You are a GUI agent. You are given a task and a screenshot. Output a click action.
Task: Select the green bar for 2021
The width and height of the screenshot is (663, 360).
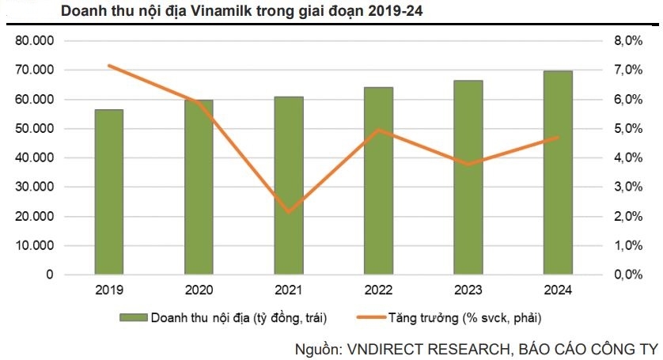[x=289, y=185]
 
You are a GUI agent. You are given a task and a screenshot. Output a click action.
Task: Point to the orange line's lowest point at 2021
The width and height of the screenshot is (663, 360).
[x=289, y=212]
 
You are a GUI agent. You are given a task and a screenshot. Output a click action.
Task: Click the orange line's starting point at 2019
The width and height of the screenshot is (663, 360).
[x=109, y=66]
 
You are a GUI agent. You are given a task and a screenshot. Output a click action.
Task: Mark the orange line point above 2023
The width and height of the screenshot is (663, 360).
[x=469, y=165]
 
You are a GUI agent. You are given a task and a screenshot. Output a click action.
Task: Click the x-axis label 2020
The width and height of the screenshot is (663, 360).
[x=199, y=290]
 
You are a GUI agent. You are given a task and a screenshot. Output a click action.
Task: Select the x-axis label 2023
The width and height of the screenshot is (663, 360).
[x=469, y=290]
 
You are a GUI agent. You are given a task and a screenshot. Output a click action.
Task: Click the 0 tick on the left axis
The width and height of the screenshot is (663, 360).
[x=48, y=275]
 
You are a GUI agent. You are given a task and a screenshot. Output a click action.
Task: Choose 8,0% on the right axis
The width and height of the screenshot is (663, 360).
[x=625, y=41]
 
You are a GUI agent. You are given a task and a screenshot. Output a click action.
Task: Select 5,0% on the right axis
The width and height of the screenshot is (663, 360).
[x=625, y=128]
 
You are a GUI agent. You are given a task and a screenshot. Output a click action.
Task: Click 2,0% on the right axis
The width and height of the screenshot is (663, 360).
[x=625, y=216]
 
